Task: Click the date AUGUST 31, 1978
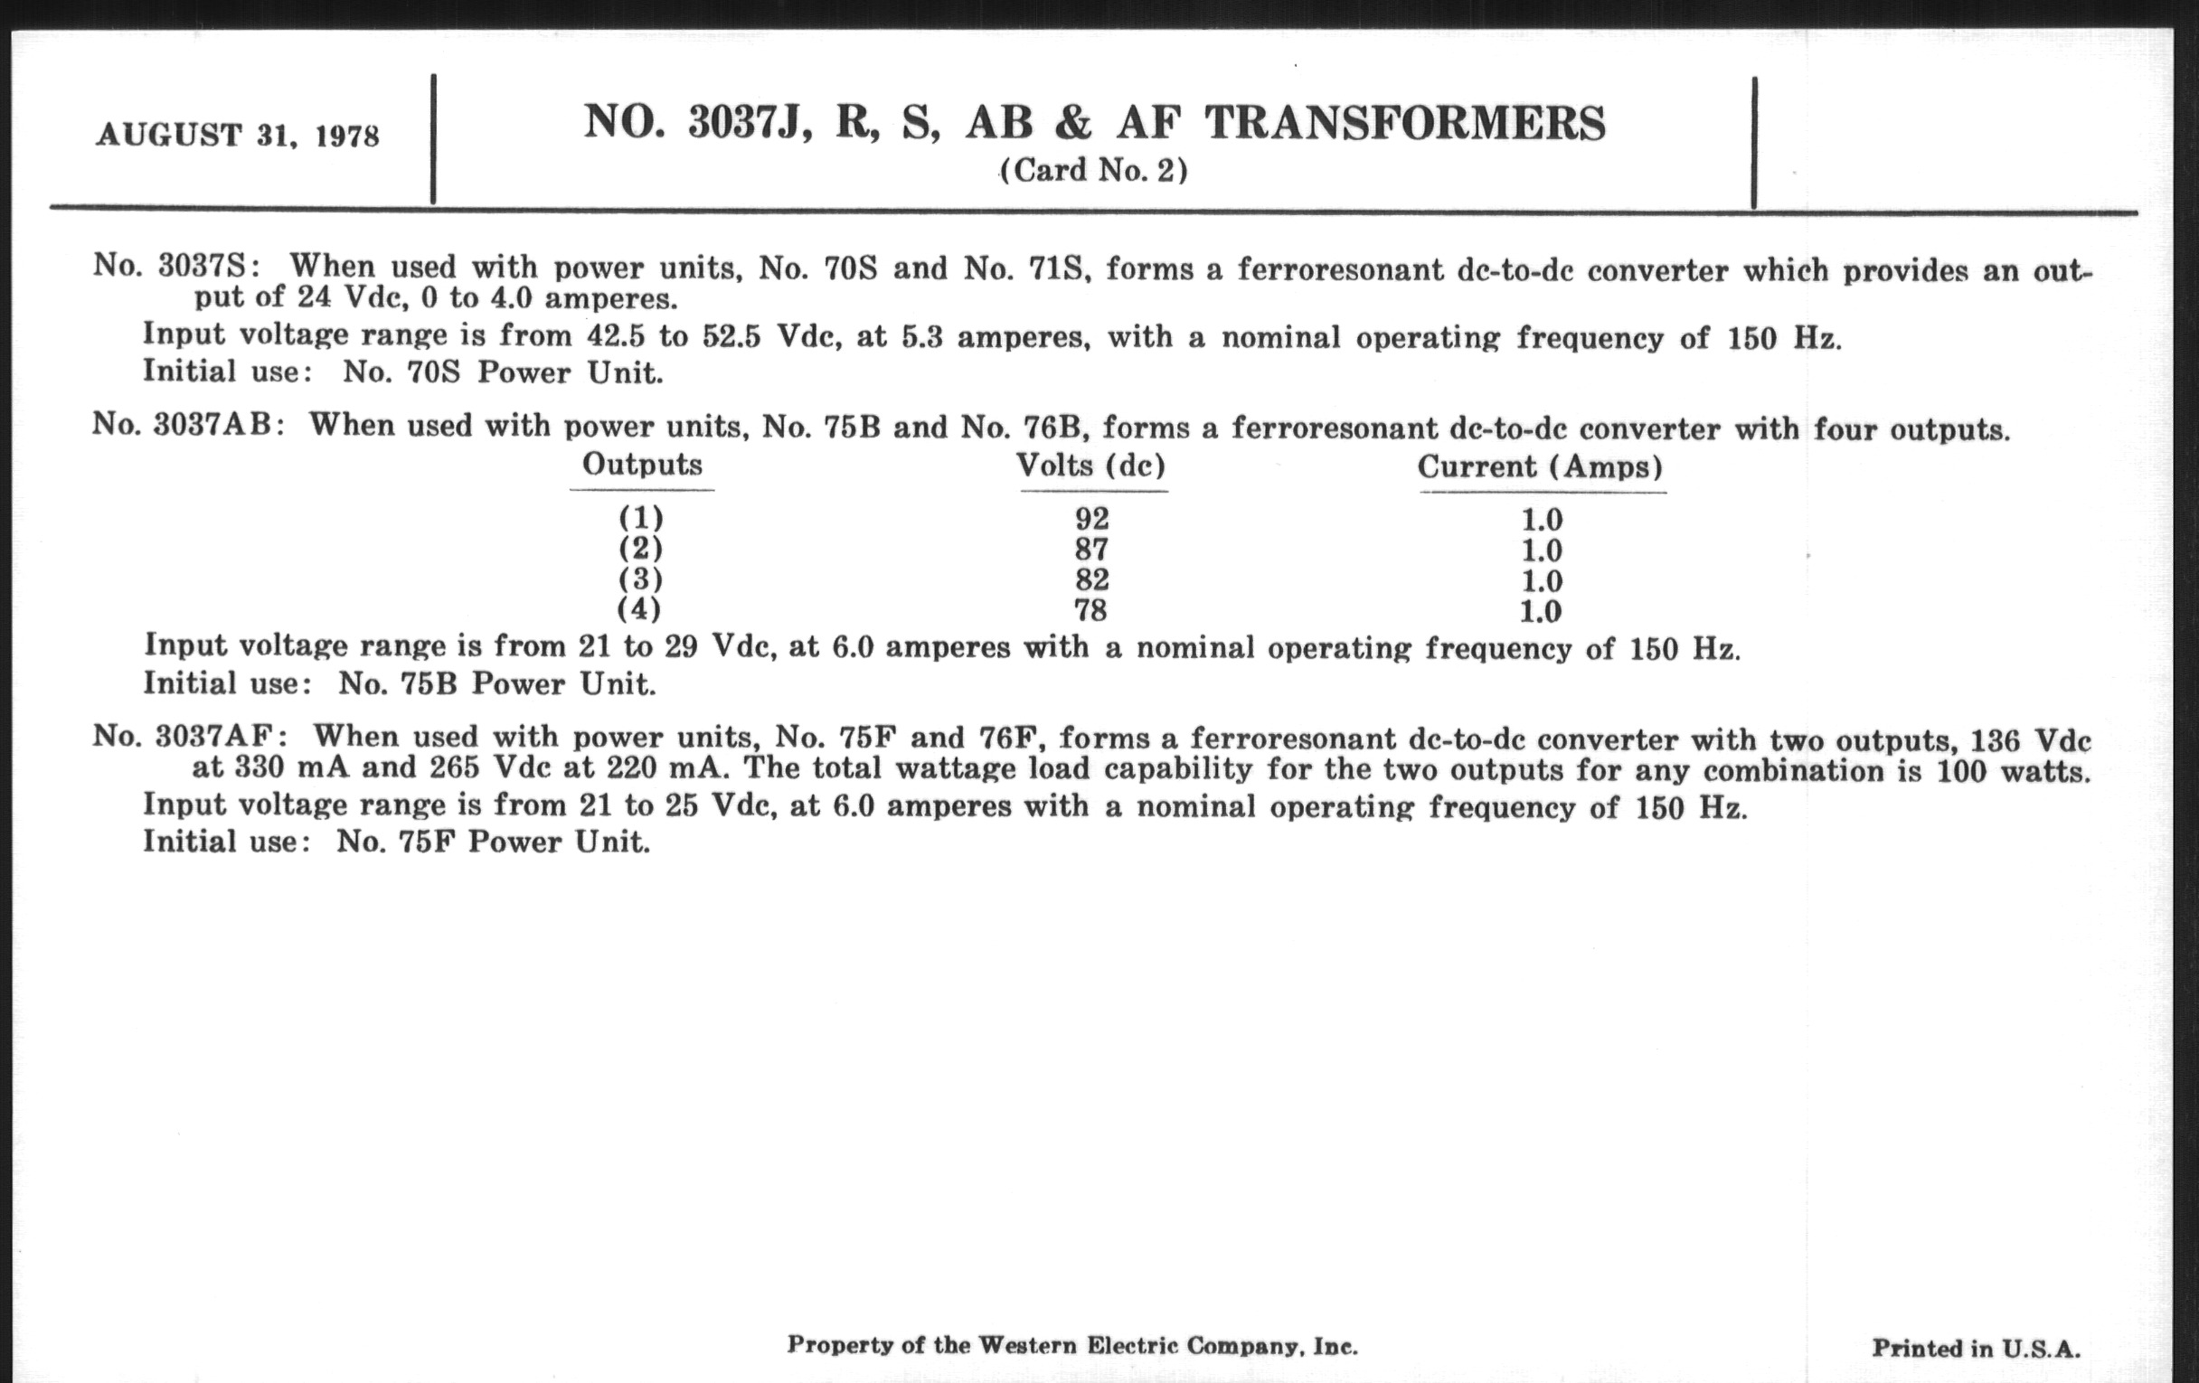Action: [x=238, y=136]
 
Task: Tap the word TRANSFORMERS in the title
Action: [x=1404, y=123]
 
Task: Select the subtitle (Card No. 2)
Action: [x=1093, y=171]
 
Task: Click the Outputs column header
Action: [x=642, y=465]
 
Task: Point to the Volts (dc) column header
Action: [x=1091, y=466]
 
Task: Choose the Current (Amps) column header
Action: [x=1540, y=467]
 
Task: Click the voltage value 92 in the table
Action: [x=1091, y=519]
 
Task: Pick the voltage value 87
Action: [x=1091, y=550]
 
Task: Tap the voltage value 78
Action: [x=1090, y=610]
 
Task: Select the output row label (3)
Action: [x=640, y=579]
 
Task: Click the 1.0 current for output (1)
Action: [x=1542, y=521]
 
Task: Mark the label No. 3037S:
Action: [x=176, y=267]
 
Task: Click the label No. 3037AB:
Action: [x=188, y=426]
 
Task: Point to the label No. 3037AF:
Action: [x=190, y=737]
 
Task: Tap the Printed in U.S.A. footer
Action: [x=1977, y=1348]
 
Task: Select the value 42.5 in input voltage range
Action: [x=616, y=337]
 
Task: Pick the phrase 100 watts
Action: [x=2013, y=771]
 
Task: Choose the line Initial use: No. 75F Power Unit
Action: [x=396, y=842]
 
